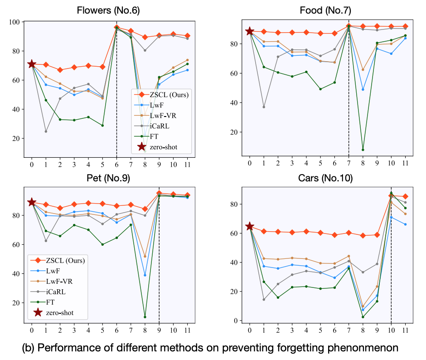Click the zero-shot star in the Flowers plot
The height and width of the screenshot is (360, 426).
coord(32,64)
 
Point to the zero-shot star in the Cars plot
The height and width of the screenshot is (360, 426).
coord(249,226)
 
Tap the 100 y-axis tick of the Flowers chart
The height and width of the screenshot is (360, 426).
coord(15,22)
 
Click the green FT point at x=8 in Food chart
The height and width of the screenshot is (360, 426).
coord(363,150)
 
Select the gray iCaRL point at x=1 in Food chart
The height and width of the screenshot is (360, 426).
coord(263,107)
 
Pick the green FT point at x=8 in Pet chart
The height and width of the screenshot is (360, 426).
coord(145,317)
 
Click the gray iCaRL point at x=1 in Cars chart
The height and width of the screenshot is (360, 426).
coord(263,299)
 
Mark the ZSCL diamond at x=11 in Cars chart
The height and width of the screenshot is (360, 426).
coord(405,196)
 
